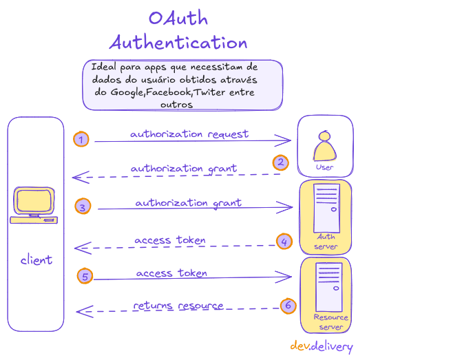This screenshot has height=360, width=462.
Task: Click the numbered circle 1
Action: pyautogui.click(x=81, y=140)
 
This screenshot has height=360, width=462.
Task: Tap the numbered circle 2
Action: pyautogui.click(x=280, y=162)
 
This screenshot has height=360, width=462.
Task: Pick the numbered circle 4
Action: pyautogui.click(x=284, y=242)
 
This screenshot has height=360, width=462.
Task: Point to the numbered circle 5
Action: pyautogui.click(x=85, y=276)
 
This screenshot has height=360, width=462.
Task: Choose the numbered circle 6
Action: pyautogui.click(x=288, y=305)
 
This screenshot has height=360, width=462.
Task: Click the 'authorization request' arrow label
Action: pyautogui.click(x=189, y=134)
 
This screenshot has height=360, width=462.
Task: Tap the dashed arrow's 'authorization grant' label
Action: pyautogui.click(x=183, y=168)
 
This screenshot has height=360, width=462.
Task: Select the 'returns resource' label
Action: pyautogui.click(x=178, y=305)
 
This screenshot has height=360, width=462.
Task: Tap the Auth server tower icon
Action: pyautogui.click(x=325, y=207)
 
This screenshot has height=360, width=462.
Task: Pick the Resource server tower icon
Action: pyautogui.click(x=326, y=286)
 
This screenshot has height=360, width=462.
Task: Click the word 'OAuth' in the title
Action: pyautogui.click(x=178, y=19)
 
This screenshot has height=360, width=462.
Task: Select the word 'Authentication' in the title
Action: pyautogui.click(x=178, y=42)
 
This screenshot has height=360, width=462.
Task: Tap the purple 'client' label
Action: pyautogui.click(x=36, y=260)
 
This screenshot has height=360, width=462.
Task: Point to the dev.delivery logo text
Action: pyautogui.click(x=321, y=346)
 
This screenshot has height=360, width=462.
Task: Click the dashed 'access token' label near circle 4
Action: pyautogui.click(x=169, y=240)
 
